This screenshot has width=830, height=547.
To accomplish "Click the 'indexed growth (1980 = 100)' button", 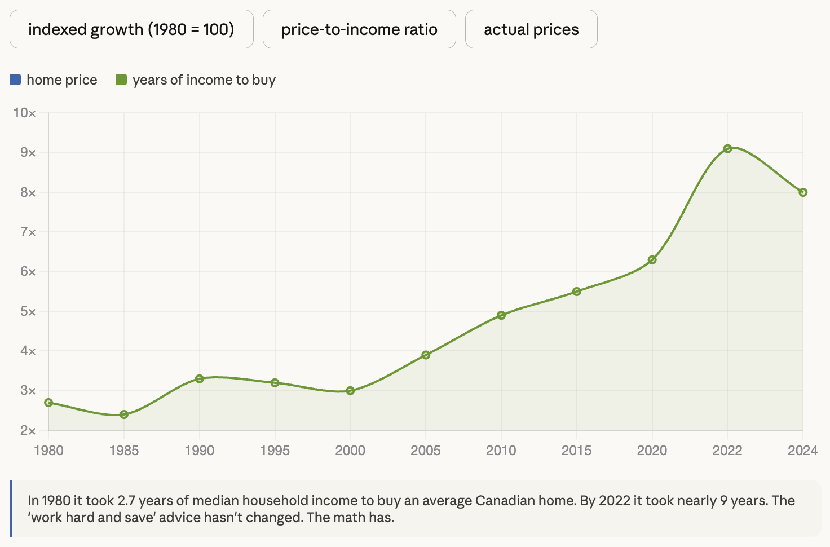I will coord(131,29).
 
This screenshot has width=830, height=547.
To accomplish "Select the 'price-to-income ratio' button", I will coord(359,29).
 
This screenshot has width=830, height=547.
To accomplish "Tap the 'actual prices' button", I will coord(531,29).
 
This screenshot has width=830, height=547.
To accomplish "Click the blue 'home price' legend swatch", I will coord(15,80).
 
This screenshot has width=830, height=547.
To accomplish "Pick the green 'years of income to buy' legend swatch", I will coord(121,80).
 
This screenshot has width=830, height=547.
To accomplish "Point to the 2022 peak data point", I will coord(727,149).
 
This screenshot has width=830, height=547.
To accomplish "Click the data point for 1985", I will coord(124,414).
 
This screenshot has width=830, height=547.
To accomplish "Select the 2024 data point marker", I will coord(803,192).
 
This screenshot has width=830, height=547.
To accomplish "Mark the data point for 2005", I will coord(426,355).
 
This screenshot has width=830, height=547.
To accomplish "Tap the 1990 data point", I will coord(199,378).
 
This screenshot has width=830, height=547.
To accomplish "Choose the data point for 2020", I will coord(652,260).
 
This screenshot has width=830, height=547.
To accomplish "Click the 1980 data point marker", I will coord(48,403).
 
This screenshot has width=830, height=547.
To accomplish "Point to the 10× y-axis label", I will coord(24,113).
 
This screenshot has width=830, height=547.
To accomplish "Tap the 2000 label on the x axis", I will coord(350,450).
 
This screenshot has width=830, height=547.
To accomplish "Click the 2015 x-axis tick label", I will coord(576,450).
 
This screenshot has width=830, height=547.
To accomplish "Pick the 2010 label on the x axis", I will coord(501,450).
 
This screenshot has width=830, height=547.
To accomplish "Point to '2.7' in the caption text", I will coord(126,500).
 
